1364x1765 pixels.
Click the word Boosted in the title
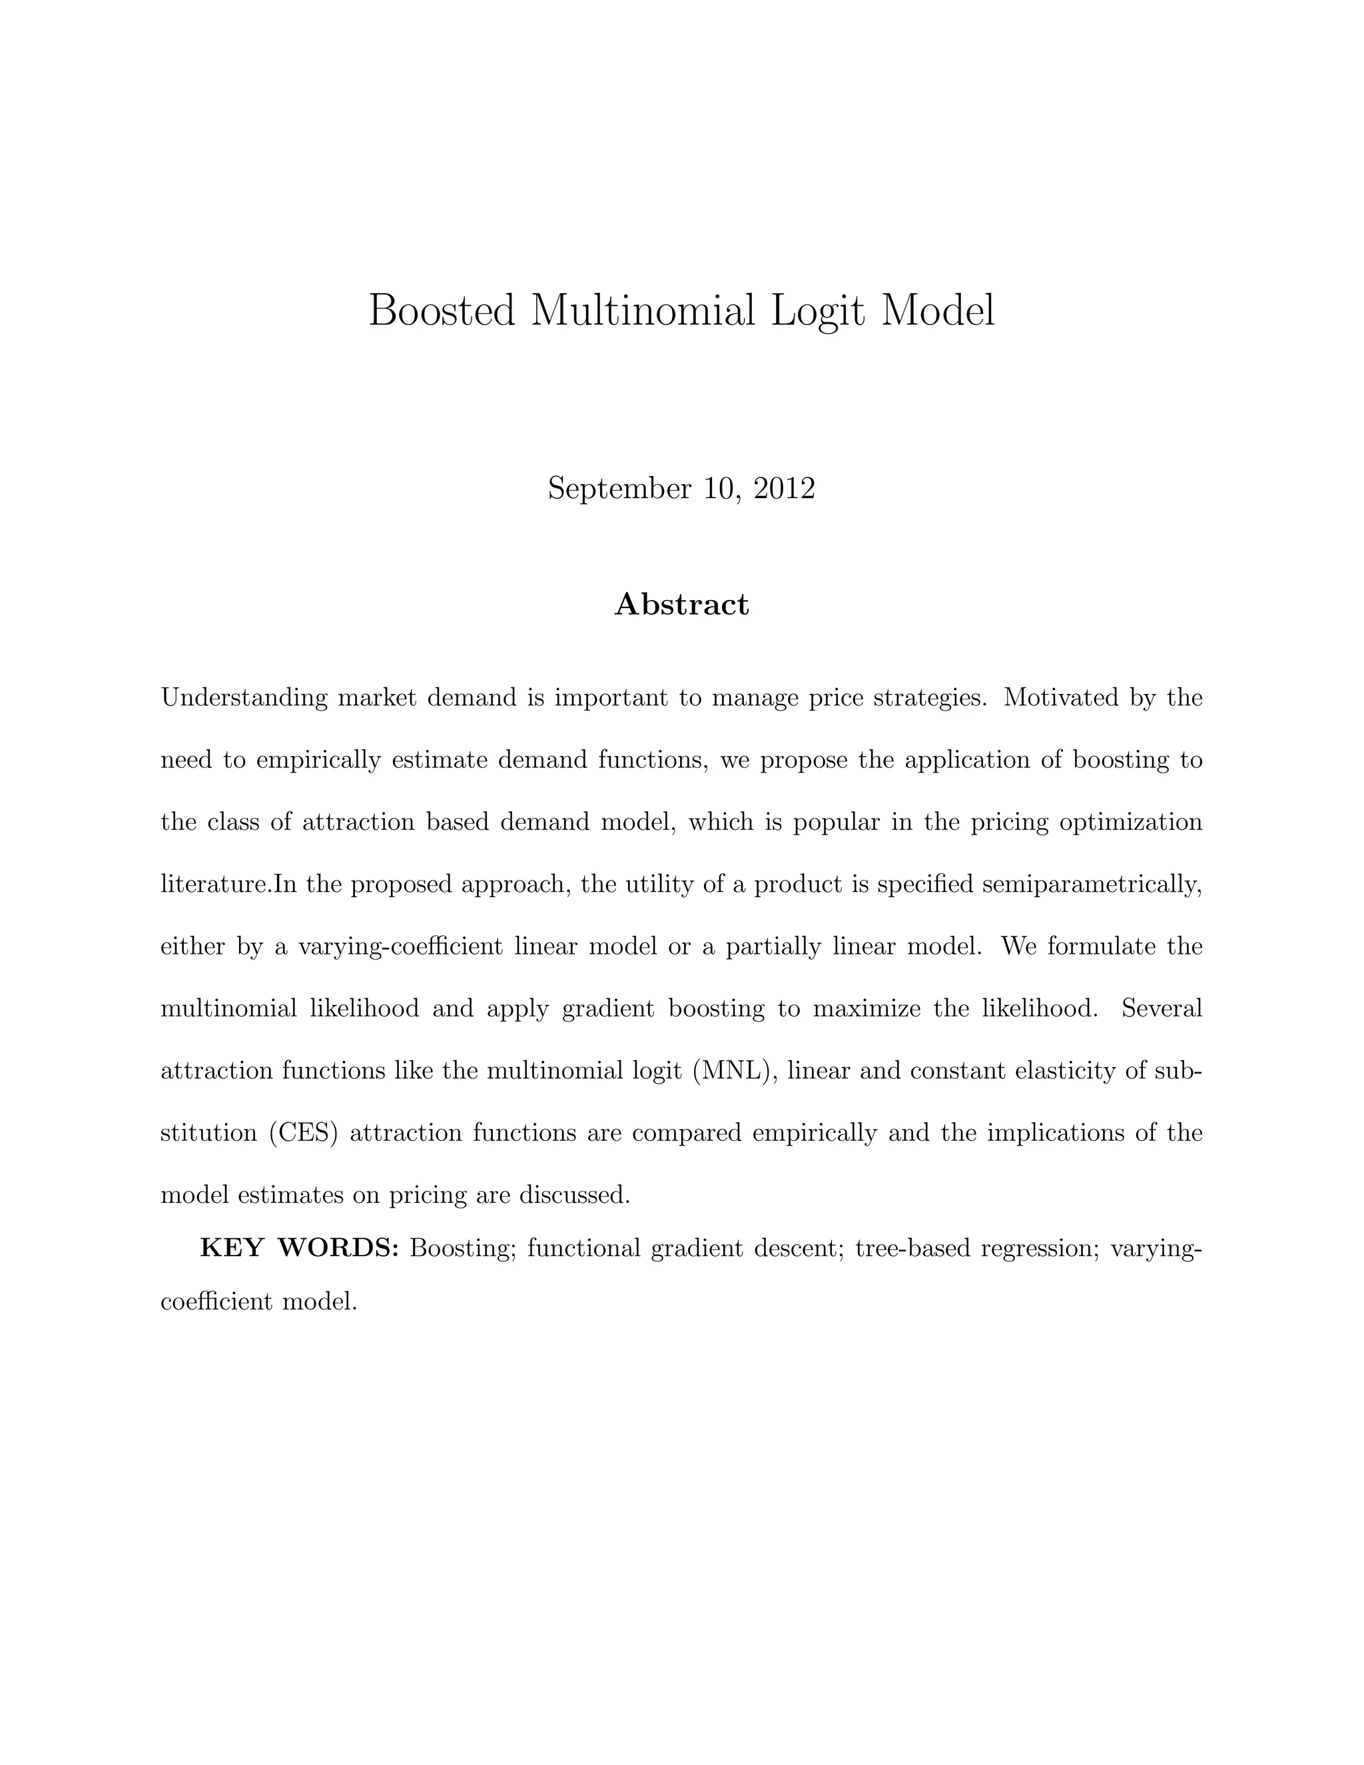pos(441,310)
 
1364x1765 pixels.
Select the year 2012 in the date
pos(784,489)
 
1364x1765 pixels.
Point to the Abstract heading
pos(682,603)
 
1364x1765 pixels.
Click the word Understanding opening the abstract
pos(244,697)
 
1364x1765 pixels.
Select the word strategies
pos(931,697)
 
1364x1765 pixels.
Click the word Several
pos(1162,1008)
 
